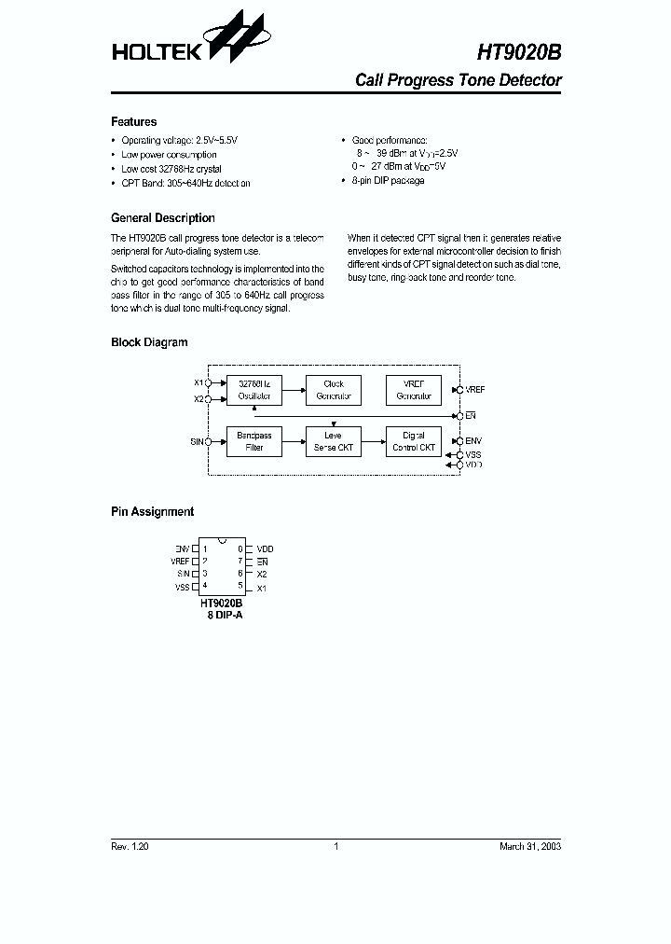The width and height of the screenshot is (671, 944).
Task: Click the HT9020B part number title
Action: click(x=519, y=54)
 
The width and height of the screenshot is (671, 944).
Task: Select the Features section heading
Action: click(x=133, y=122)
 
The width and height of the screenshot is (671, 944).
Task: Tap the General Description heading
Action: click(x=162, y=218)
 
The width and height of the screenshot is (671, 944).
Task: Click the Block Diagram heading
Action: click(x=149, y=342)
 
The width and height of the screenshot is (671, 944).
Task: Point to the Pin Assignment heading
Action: click(x=152, y=512)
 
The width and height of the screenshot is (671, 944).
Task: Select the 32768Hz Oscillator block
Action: click(x=253, y=390)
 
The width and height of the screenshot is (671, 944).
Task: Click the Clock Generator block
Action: click(x=334, y=390)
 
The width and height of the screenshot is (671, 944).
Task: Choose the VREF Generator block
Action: click(x=414, y=390)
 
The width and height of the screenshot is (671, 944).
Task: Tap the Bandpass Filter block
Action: click(x=253, y=441)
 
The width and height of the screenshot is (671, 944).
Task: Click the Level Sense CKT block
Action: click(x=334, y=441)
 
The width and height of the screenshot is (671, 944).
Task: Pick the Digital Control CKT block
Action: click(x=414, y=441)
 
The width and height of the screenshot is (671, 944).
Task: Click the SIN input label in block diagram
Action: click(x=197, y=441)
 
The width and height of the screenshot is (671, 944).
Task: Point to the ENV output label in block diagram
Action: click(x=473, y=440)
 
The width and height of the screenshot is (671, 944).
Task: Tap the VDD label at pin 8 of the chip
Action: click(x=265, y=548)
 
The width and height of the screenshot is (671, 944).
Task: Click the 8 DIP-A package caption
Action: click(x=225, y=616)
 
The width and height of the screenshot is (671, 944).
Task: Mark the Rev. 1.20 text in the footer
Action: click(x=130, y=846)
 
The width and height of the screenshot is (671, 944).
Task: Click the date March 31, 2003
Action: click(x=530, y=846)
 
